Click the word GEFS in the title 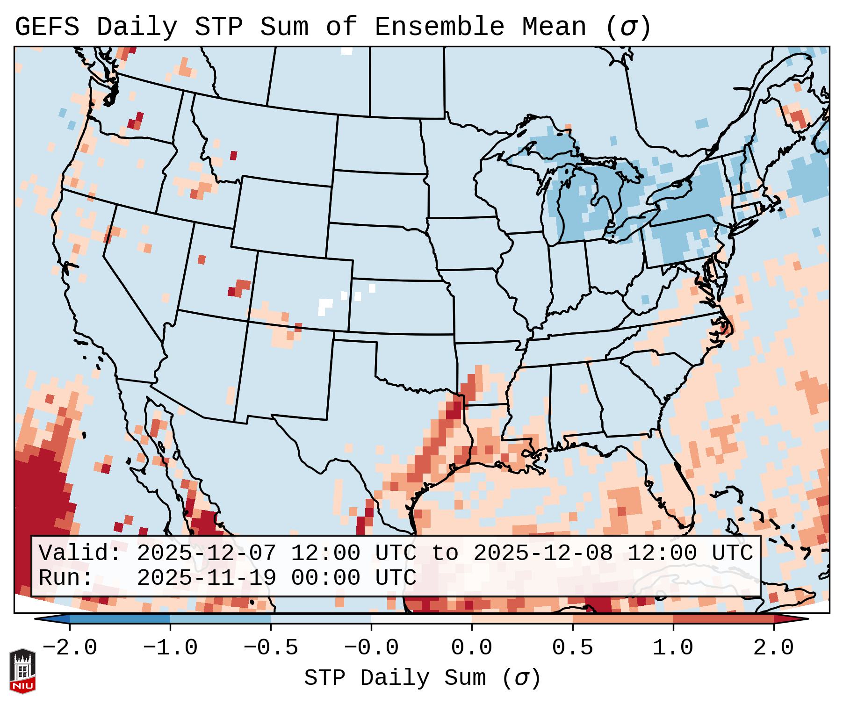click(47, 27)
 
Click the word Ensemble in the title click(439, 27)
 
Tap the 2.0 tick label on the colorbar click(774, 648)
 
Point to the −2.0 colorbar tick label click(70, 648)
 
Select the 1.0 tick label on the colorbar click(673, 648)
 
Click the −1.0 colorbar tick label click(170, 648)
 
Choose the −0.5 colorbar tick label click(271, 648)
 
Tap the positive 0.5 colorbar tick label click(573, 648)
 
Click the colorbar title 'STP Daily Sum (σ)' click(422, 678)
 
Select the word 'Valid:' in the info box click(79, 553)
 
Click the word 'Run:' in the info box click(66, 578)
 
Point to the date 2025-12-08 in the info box click(543, 553)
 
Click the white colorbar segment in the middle click(421, 619)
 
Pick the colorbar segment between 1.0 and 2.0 click(723, 619)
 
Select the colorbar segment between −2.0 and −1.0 click(120, 619)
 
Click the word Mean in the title click(554, 27)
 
